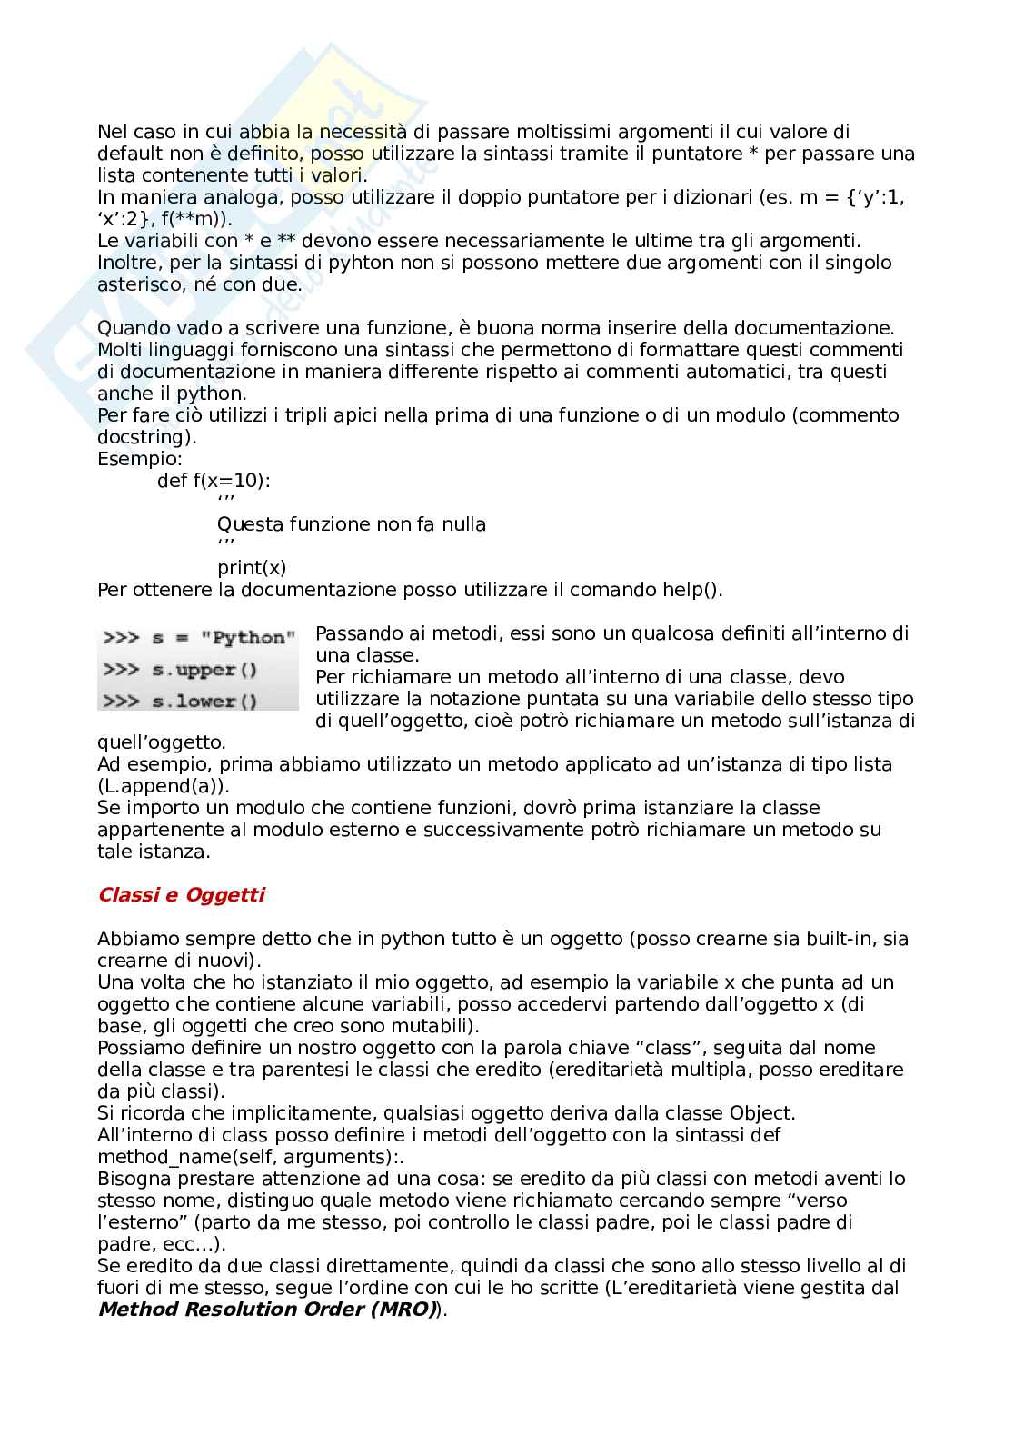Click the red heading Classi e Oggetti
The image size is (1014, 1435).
click(181, 895)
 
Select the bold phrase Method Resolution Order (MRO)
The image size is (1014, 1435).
click(267, 1310)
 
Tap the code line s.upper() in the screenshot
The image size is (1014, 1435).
click(182, 671)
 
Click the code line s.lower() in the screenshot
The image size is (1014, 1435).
click(182, 702)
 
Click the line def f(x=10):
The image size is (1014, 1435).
click(214, 481)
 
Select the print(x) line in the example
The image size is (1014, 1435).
click(252, 568)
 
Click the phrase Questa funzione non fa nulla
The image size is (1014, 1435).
click(352, 524)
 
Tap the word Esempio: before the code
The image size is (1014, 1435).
click(140, 459)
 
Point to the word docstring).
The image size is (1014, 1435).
click(146, 437)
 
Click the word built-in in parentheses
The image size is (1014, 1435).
click(816, 939)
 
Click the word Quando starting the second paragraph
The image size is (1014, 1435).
click(134, 328)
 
